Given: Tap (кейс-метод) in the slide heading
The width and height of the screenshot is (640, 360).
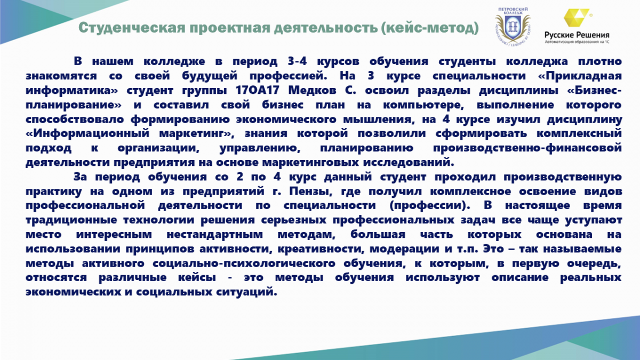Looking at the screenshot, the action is coord(430,28).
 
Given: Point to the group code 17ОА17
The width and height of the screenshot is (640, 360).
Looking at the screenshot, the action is coord(258,90).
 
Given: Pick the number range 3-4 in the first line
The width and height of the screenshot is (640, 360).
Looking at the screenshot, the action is coord(298,61).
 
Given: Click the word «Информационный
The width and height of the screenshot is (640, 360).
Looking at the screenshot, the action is coord(87,134).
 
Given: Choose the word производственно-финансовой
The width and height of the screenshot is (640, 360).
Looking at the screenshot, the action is coord(527,148).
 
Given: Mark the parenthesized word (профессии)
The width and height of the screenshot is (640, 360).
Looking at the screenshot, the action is coord(429,206).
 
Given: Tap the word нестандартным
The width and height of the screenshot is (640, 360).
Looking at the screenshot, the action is coord(214,235).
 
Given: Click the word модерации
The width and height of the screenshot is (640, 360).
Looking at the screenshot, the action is coord(404,249).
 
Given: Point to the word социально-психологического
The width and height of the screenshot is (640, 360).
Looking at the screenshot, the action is coord(244,263).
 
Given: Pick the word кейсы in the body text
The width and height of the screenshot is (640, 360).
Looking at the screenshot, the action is coord(197,278).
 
